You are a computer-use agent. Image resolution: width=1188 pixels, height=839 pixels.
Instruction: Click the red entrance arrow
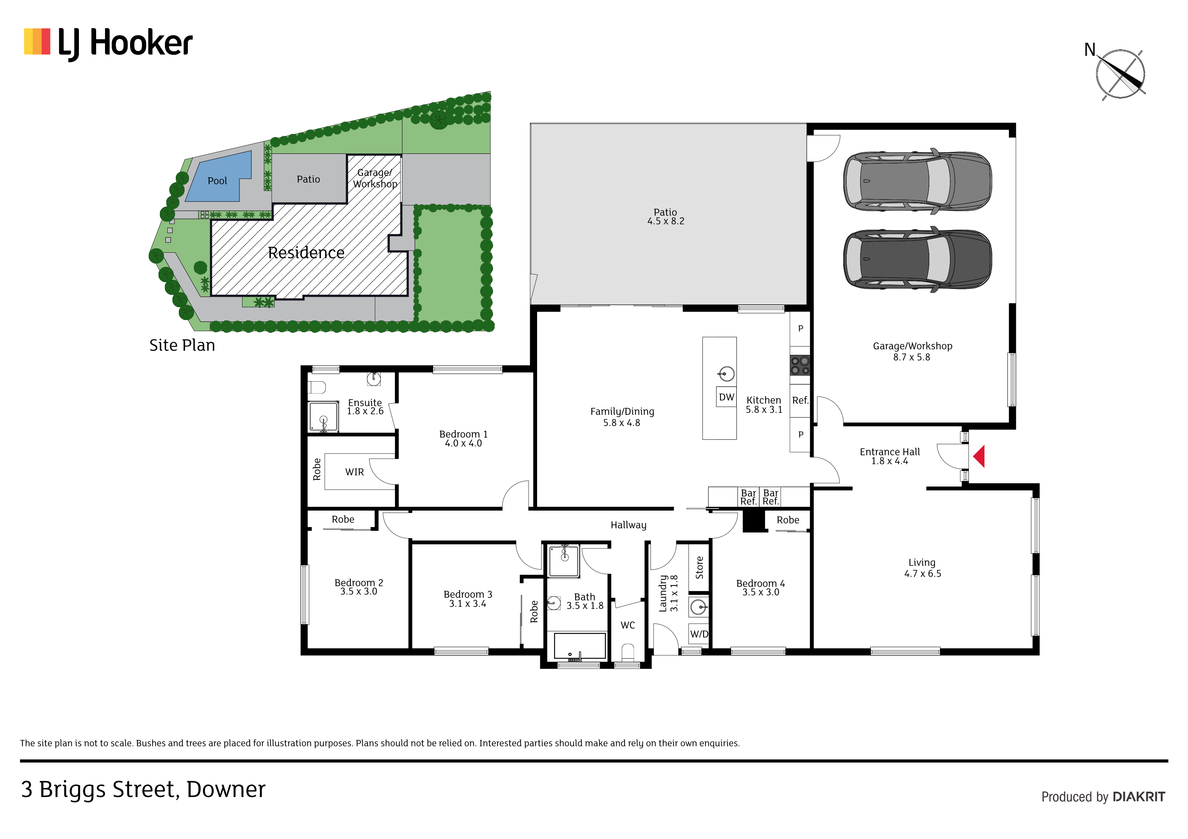(979, 456)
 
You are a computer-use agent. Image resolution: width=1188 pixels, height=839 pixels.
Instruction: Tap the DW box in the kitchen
(726, 397)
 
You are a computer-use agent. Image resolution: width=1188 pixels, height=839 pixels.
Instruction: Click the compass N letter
(1090, 50)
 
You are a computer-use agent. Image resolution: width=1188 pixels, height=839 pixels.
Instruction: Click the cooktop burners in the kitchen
(800, 365)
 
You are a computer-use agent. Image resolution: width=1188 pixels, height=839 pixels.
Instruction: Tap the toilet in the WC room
(628, 652)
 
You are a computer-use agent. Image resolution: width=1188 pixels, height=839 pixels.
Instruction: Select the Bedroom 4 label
(760, 583)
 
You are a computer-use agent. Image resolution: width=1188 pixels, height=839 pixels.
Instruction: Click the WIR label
(355, 472)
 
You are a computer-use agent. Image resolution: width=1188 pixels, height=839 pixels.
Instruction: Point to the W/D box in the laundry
(699, 634)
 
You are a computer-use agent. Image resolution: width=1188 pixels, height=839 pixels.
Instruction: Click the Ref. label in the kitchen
(800, 400)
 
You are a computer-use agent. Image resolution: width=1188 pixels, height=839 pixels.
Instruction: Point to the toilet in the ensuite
(317, 387)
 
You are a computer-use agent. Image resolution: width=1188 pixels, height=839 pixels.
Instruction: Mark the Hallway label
(628, 525)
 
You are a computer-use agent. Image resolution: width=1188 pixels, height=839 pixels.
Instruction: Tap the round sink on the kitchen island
(726, 373)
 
